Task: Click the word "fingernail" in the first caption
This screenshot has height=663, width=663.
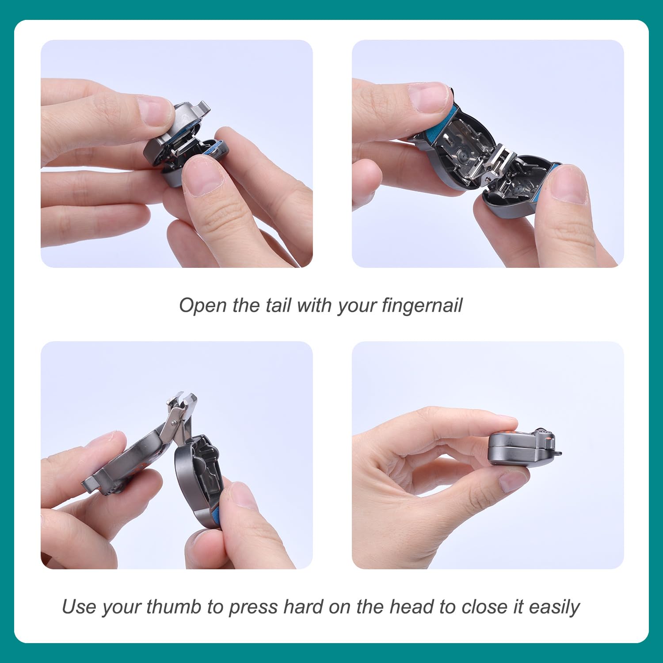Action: [422, 306]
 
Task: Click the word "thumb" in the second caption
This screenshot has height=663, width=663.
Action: [174, 607]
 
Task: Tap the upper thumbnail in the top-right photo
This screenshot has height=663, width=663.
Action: [427, 97]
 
